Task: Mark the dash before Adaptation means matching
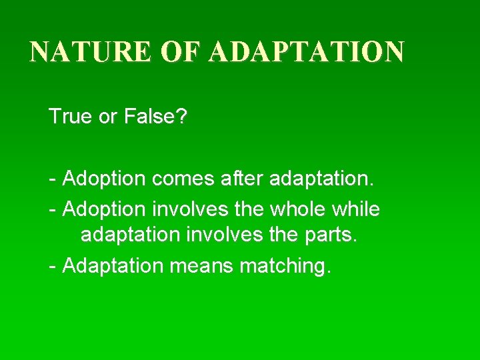coord(53,267)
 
